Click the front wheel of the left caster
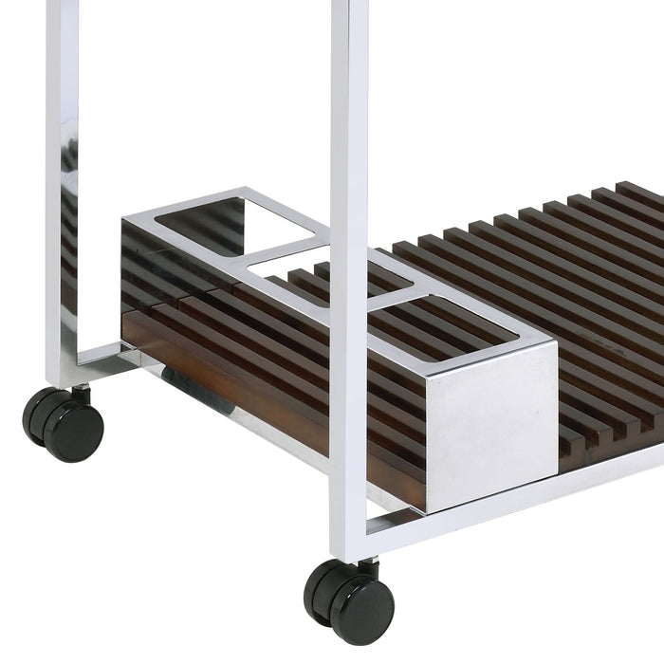pyautogui.click(x=74, y=430)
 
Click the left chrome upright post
pyautogui.click(x=63, y=190)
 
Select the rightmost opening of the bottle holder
pyautogui.click(x=451, y=323)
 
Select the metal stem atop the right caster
pyautogui.click(x=366, y=567)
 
